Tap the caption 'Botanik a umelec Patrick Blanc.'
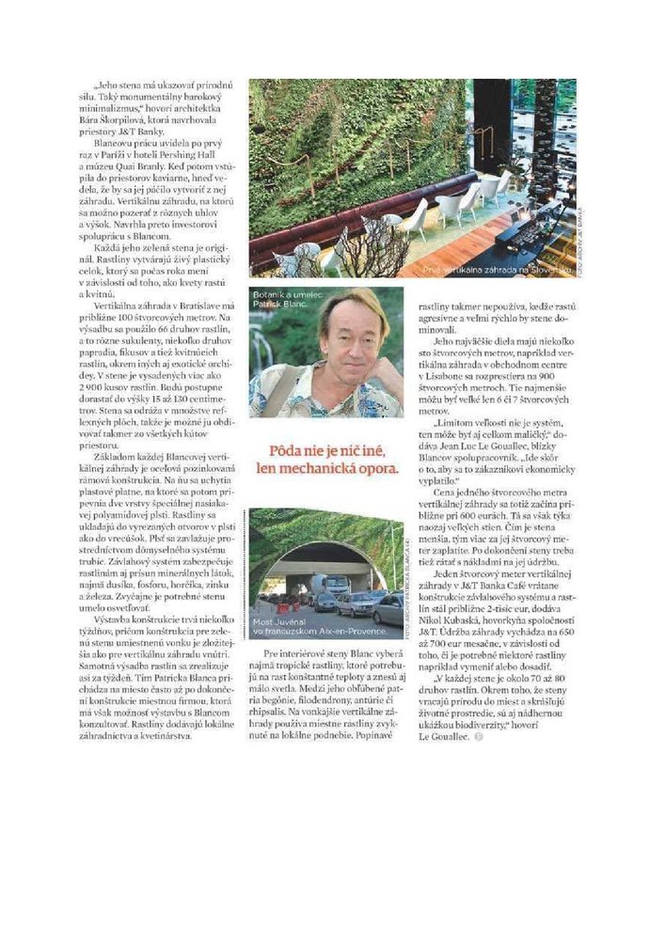click(x=290, y=301)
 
